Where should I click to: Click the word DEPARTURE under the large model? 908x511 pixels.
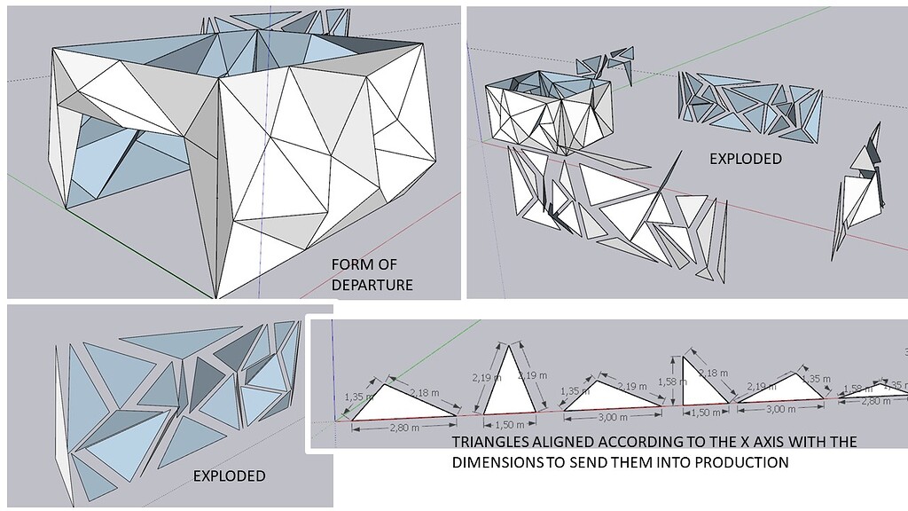[372, 284]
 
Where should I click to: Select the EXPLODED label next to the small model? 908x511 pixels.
[746, 159]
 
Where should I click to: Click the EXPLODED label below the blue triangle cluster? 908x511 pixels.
[229, 476]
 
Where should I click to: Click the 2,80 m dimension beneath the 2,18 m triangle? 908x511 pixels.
[403, 428]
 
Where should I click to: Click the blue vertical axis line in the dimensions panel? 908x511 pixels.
[335, 364]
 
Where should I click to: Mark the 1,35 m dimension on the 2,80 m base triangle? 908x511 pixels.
[353, 397]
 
